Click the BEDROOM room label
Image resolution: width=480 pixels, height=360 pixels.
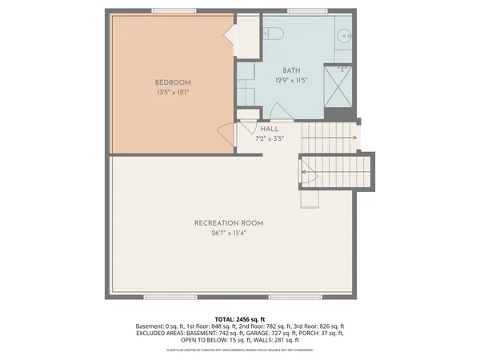pos(172,82)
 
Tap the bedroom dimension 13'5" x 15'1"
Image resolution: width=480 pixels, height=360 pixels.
pos(172,93)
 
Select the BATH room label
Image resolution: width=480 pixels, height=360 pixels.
pos(290,70)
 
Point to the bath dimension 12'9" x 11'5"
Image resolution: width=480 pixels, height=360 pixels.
pos(291,80)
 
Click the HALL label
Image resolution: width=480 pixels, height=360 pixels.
pos(269,129)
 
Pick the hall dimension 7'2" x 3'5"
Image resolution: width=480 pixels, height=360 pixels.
pos(269,138)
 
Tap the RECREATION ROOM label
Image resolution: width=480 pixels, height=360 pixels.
pos(229,222)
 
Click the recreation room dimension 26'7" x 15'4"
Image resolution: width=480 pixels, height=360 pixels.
pos(229,234)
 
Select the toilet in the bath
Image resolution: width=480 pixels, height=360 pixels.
pos(273,34)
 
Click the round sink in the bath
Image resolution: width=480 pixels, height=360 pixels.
pos(344,36)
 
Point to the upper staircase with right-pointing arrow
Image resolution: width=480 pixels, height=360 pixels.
pos(330,137)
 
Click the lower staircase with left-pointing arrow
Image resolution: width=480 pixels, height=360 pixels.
pos(336,170)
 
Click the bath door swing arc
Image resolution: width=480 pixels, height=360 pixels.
pos(282,111)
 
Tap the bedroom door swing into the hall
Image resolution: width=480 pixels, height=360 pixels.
pos(226,134)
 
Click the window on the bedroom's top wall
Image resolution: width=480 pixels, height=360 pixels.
pos(172,10)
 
